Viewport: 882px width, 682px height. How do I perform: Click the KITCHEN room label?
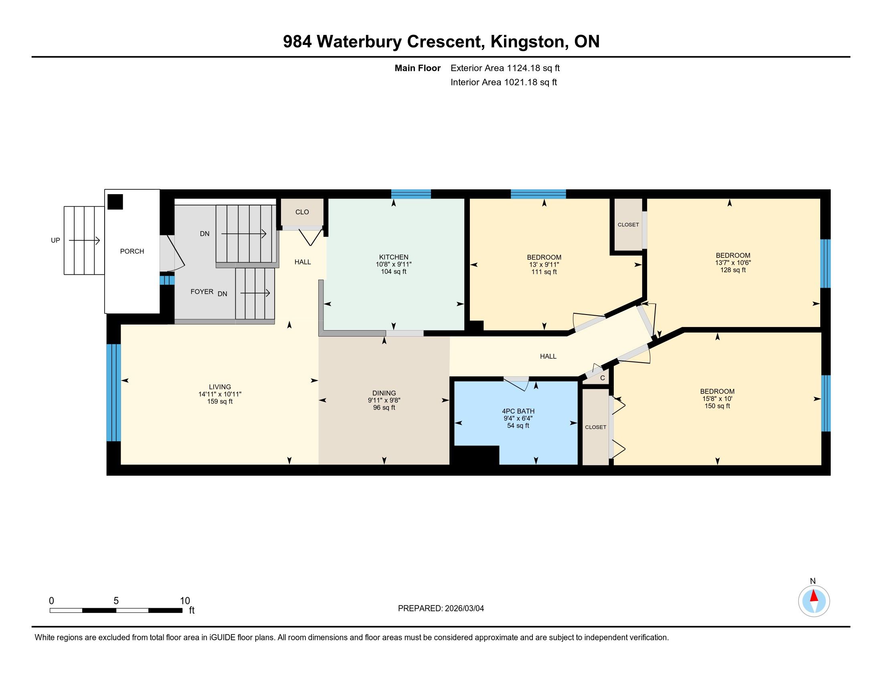(x=393, y=257)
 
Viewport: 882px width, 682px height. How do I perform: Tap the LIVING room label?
(x=220, y=387)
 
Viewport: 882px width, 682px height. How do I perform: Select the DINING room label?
(x=384, y=393)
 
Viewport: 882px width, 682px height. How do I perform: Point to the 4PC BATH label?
(x=518, y=411)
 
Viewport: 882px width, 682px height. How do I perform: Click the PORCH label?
(x=132, y=251)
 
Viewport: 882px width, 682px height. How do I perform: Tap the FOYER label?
(x=202, y=292)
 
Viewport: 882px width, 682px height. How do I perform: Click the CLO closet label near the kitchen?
(x=302, y=212)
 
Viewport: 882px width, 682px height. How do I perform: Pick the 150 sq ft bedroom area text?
(x=717, y=406)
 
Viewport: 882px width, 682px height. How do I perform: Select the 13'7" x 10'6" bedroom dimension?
(x=733, y=263)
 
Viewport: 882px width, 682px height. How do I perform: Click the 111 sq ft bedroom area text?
(x=544, y=272)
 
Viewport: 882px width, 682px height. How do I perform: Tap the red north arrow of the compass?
(x=814, y=596)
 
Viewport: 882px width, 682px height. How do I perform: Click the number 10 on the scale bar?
(x=185, y=601)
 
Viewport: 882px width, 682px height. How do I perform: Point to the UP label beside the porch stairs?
(x=55, y=240)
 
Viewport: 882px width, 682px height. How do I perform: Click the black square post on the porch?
(x=115, y=202)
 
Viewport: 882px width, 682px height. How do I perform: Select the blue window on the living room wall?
(x=113, y=392)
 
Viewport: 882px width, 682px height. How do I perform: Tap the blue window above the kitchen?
(x=411, y=194)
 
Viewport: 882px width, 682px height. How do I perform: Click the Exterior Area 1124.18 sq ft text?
(x=505, y=68)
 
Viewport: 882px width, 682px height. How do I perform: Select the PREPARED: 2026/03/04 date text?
(x=441, y=609)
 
